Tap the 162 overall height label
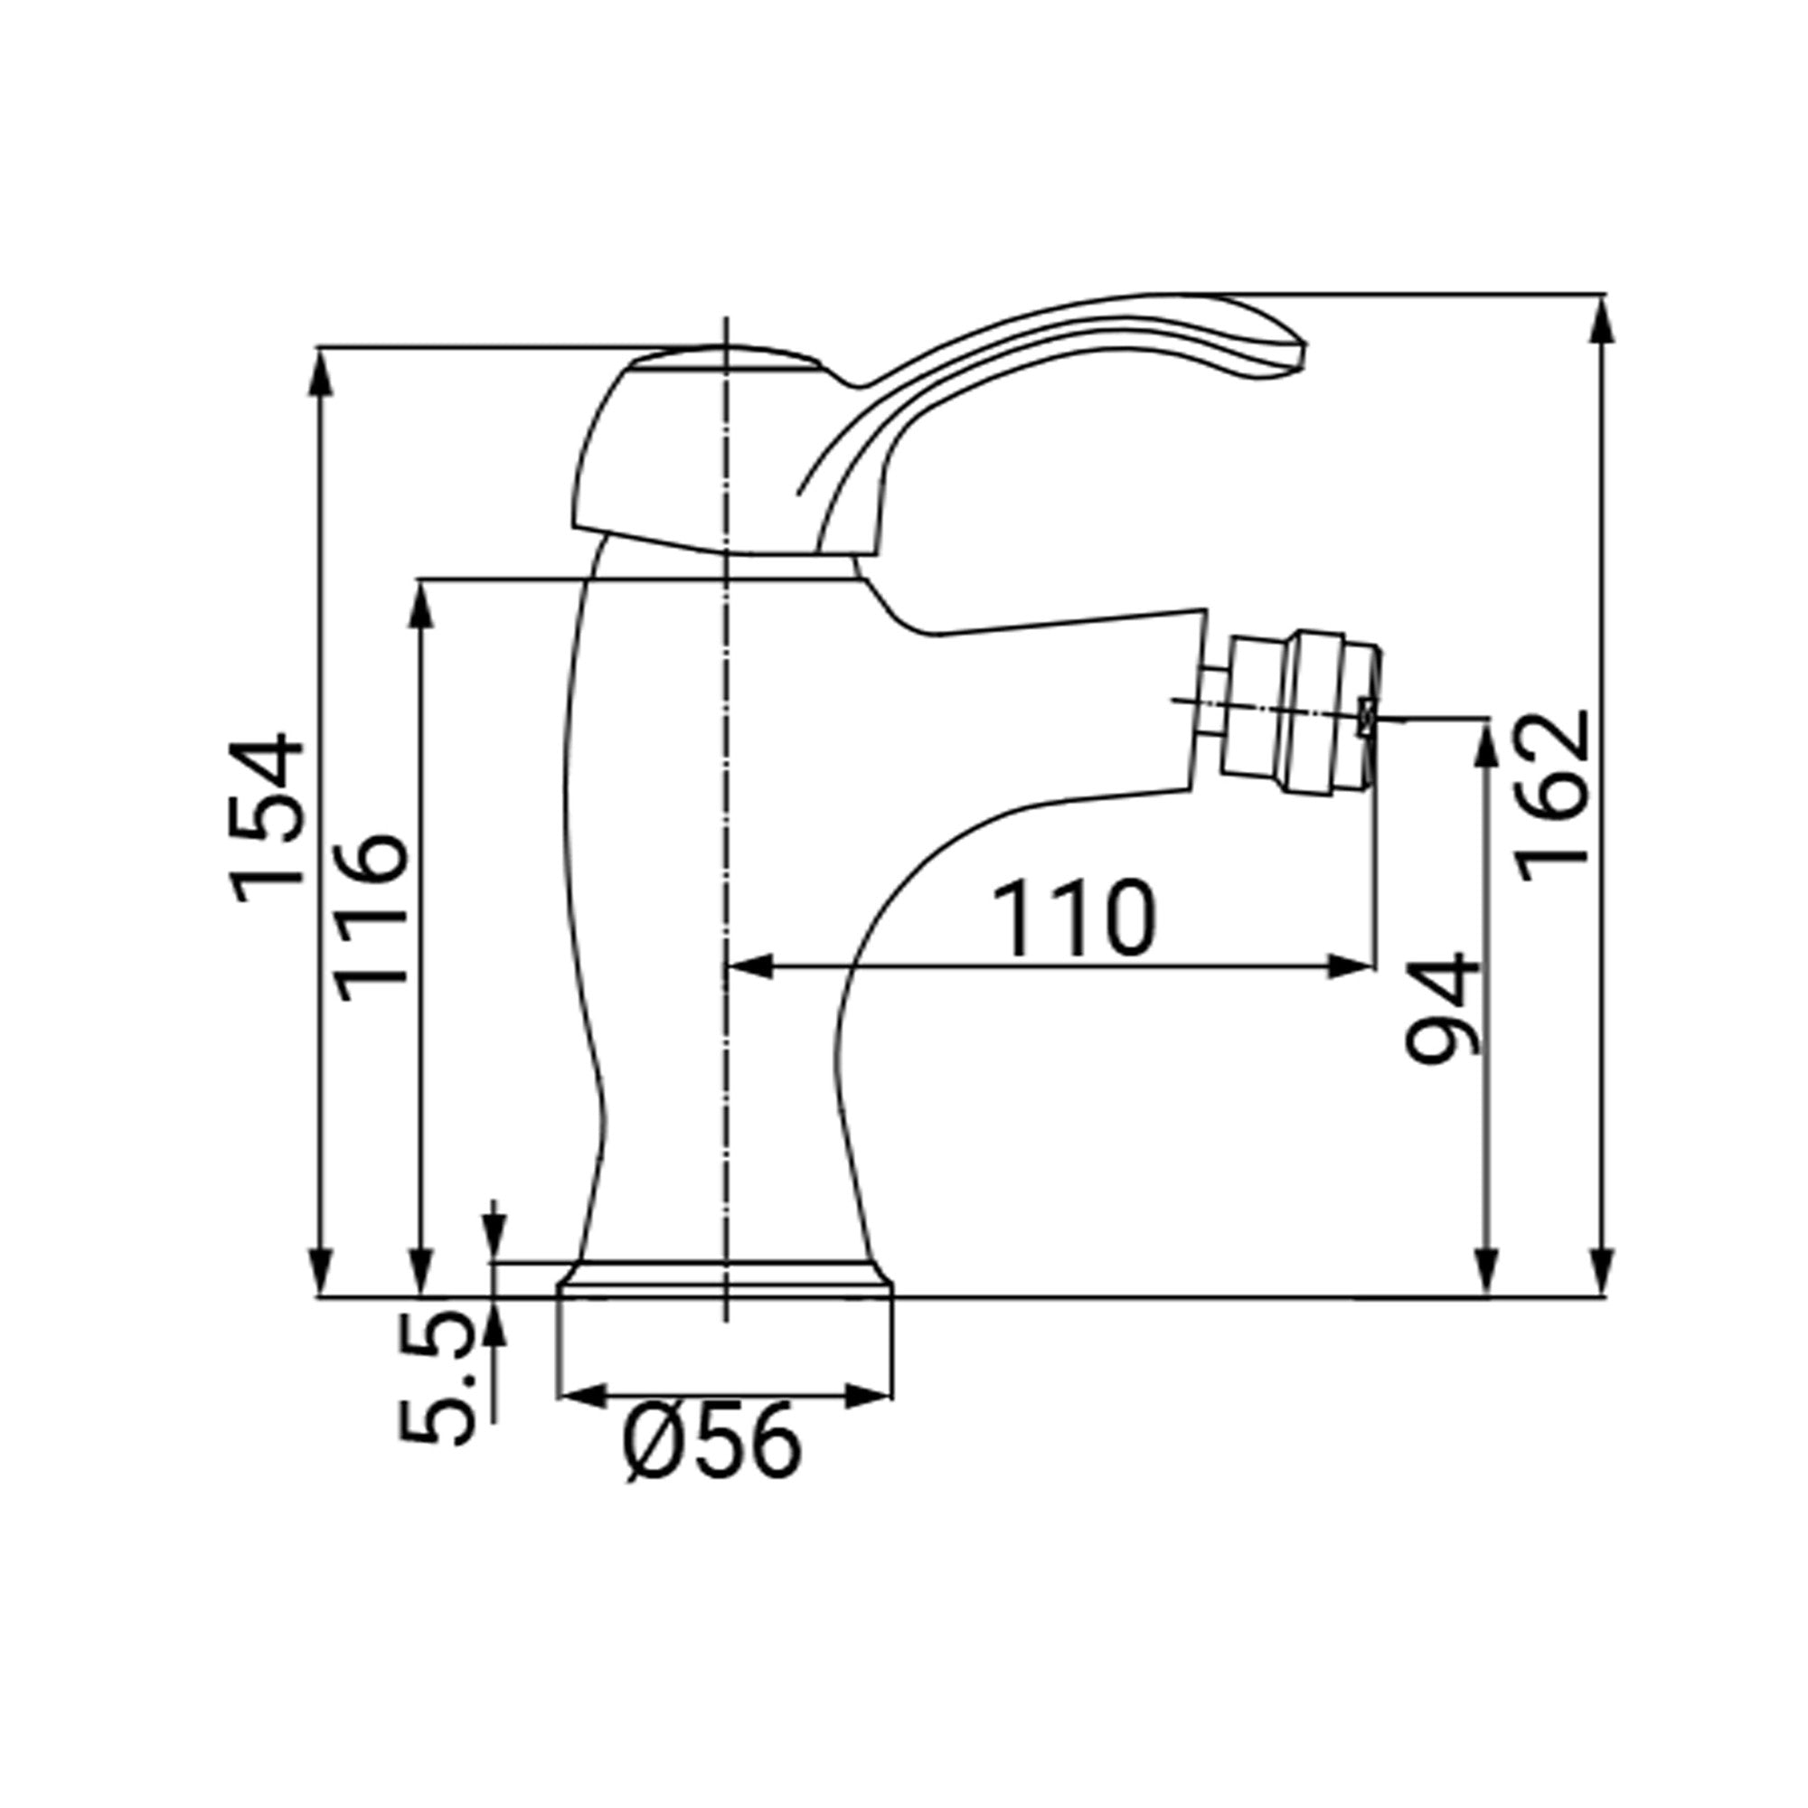pyautogui.click(x=1554, y=796)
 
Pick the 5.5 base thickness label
pyautogui.click(x=436, y=1377)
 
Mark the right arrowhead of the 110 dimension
pyautogui.click(x=1353, y=967)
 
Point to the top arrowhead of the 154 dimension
pyautogui.click(x=321, y=372)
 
